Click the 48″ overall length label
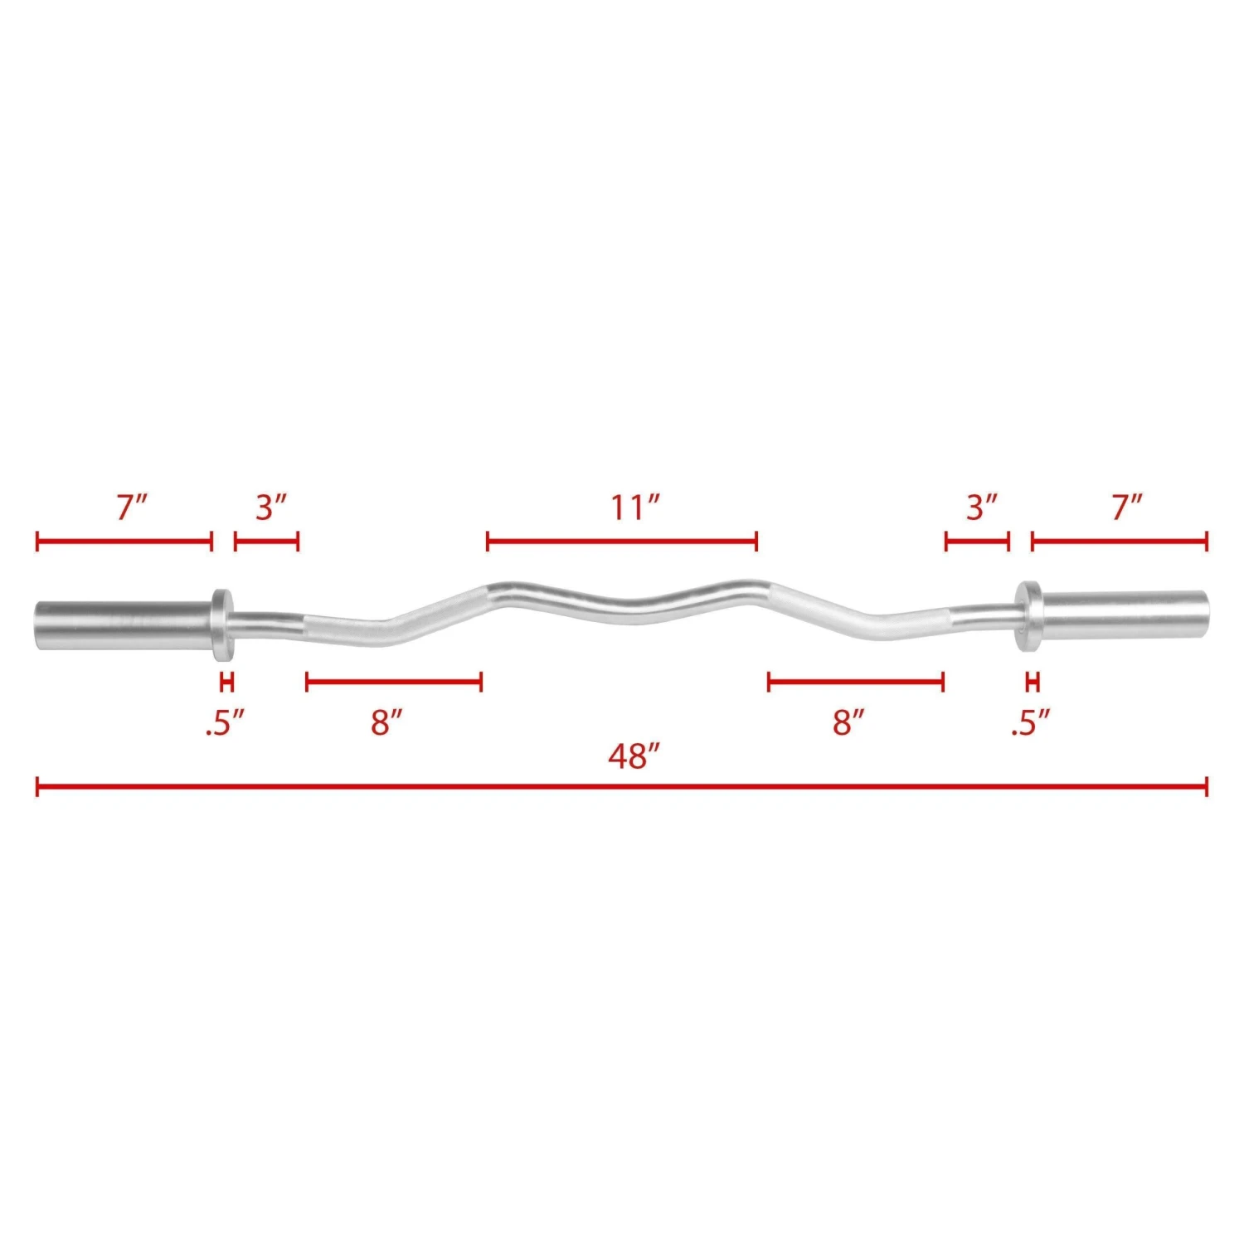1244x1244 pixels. (634, 756)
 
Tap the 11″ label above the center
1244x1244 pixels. (634, 508)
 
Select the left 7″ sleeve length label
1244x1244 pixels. (131, 508)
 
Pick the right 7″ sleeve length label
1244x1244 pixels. (1127, 508)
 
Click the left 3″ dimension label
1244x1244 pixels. (270, 508)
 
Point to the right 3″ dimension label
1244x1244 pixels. (981, 508)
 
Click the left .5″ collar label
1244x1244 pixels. (226, 724)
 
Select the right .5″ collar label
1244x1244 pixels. (1030, 724)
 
